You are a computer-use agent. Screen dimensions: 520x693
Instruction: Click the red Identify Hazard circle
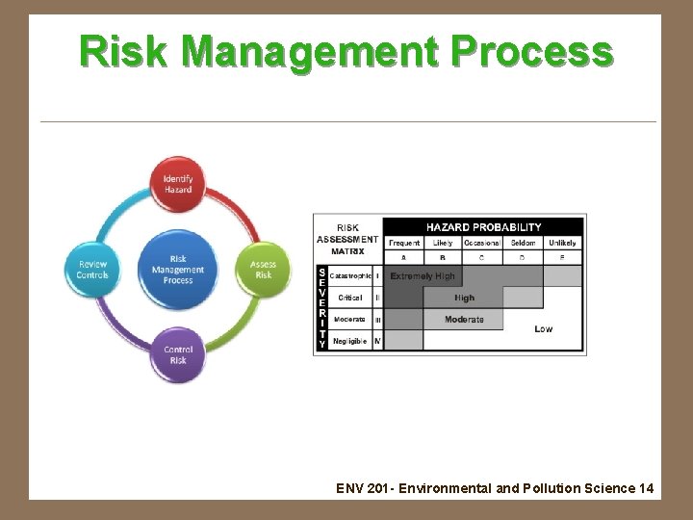click(178, 184)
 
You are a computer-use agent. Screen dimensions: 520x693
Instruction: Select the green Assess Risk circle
click(263, 270)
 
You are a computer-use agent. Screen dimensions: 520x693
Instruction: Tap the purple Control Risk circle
click(178, 354)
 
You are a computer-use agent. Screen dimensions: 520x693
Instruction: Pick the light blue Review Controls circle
click(93, 270)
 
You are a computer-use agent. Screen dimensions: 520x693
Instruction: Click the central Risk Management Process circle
click(178, 269)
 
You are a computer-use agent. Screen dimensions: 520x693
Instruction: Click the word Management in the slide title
click(330, 50)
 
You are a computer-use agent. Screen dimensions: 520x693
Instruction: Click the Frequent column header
click(404, 243)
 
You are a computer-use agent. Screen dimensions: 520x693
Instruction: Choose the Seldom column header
click(523, 243)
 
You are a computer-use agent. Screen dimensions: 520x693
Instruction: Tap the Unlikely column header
click(562, 243)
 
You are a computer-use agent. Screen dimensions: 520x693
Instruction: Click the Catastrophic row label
click(350, 276)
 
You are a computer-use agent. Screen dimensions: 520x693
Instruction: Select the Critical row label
click(350, 298)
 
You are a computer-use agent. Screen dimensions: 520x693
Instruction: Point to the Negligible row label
click(350, 341)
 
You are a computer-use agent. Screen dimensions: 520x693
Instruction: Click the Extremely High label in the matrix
click(423, 276)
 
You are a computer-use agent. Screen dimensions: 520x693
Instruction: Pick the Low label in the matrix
click(544, 329)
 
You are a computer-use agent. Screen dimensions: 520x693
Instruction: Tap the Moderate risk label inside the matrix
click(464, 320)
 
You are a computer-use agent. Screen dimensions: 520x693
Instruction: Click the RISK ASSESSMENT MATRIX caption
click(347, 240)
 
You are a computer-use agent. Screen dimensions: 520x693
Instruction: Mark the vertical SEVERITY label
click(321, 308)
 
